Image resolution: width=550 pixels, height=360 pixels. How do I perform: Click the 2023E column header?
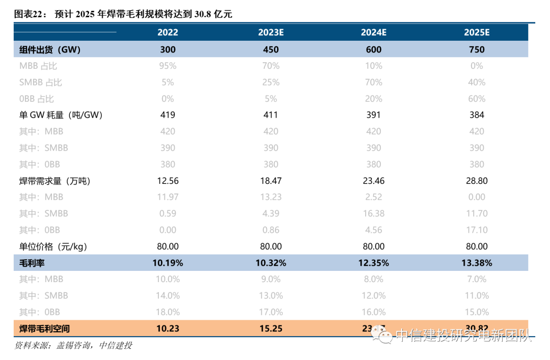coord(270,33)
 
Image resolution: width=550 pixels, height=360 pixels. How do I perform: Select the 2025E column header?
coord(476,33)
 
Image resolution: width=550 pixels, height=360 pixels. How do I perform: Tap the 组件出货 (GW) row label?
coord(50,49)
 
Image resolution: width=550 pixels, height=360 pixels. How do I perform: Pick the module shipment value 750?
coord(476,49)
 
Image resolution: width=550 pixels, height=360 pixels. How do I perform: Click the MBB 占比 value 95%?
coord(168,66)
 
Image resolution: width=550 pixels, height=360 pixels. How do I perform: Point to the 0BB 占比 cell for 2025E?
coord(476,99)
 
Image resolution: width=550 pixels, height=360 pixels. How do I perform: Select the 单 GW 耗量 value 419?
coord(168,115)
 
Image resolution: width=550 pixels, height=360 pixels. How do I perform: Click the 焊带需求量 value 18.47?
coord(270,181)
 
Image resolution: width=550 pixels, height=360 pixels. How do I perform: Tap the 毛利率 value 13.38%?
coord(476,263)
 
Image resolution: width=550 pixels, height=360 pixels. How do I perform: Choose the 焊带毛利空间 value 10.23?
coord(168,328)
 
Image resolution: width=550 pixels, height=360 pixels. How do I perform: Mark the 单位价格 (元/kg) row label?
coord(53,246)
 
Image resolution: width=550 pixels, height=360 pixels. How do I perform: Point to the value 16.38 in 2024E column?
coord(373,213)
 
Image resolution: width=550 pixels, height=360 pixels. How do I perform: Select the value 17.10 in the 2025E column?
coord(476,230)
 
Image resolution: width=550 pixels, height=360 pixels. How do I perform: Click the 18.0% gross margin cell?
coord(168,312)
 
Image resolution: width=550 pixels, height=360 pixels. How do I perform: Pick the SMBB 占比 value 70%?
coord(373,82)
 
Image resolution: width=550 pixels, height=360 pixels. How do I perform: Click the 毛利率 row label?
coord(32,263)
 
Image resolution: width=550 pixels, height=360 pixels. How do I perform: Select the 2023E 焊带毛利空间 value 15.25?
coord(270,328)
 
